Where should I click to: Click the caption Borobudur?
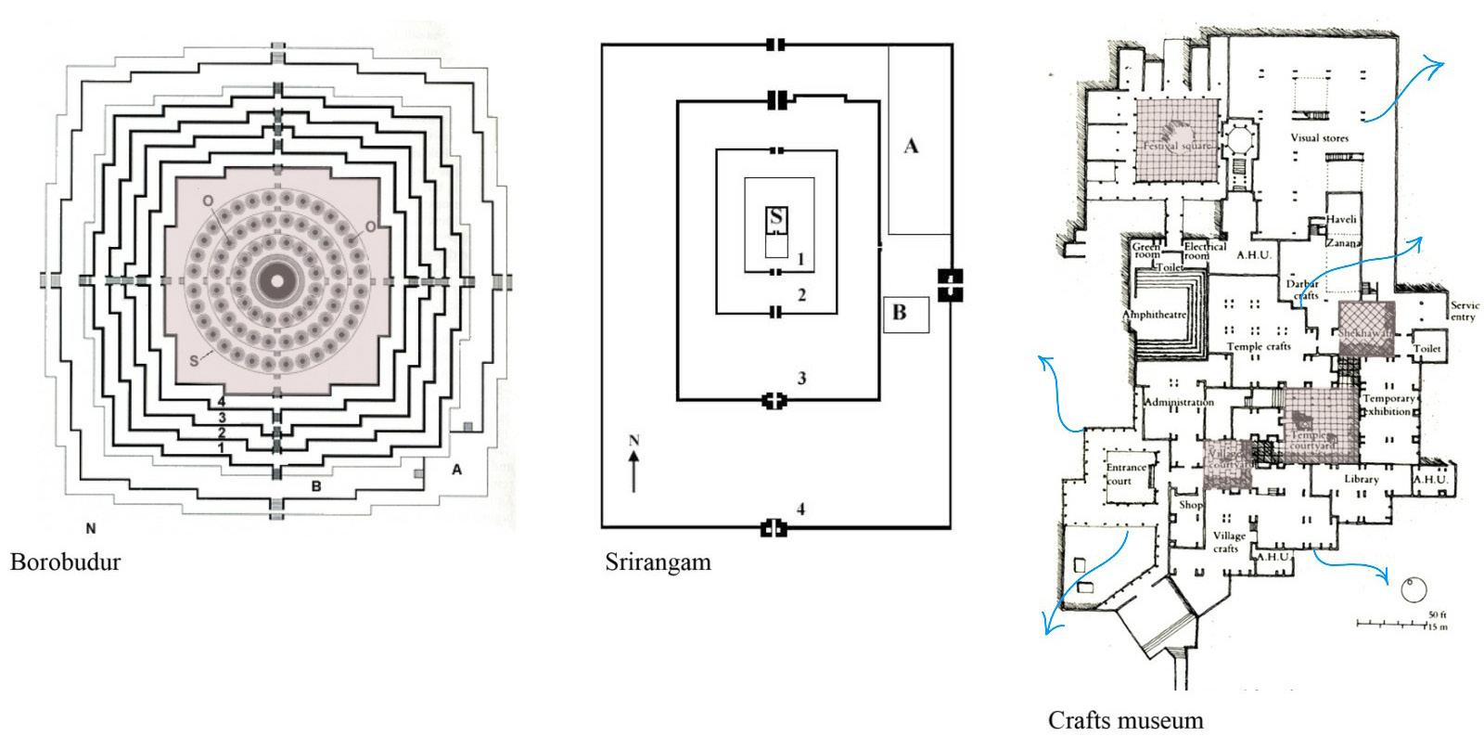click(65, 562)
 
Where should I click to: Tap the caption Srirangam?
click(658, 562)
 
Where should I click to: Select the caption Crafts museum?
click(1125, 720)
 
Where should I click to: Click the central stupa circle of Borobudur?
click(275, 279)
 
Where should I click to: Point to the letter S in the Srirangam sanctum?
click(776, 217)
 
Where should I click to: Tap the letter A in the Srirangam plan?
click(911, 146)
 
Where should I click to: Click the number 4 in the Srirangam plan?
click(800, 509)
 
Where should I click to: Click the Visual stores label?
click(1319, 138)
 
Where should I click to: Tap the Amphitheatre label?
click(1155, 315)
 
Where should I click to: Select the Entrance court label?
click(1126, 473)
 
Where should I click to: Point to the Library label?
click(1361, 479)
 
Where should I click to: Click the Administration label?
click(1179, 403)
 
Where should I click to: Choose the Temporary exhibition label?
click(1388, 405)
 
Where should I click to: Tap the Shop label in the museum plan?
click(1190, 505)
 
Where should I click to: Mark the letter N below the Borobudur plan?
click(91, 529)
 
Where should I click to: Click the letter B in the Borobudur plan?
click(315, 484)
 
